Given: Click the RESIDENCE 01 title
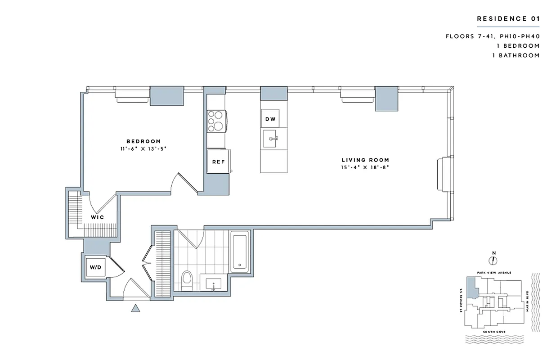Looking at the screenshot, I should click(508, 19).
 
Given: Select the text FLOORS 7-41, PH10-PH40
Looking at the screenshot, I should click(492, 36).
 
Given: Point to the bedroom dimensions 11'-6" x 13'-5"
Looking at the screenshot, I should click(140, 148).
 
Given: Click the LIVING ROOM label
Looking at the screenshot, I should click(365, 160).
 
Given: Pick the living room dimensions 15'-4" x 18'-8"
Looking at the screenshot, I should click(365, 167).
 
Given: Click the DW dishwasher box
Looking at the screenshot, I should click(270, 119).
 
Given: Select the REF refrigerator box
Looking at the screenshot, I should click(218, 162).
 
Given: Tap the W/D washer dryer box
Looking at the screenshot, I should click(95, 267).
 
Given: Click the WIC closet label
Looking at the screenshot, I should click(98, 217).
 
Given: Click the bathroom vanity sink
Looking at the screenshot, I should click(213, 284).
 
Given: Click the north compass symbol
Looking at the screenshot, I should click(493, 260).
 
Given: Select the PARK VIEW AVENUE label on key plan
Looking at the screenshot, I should click(493, 273).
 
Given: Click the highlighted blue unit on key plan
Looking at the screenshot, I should click(471, 287).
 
